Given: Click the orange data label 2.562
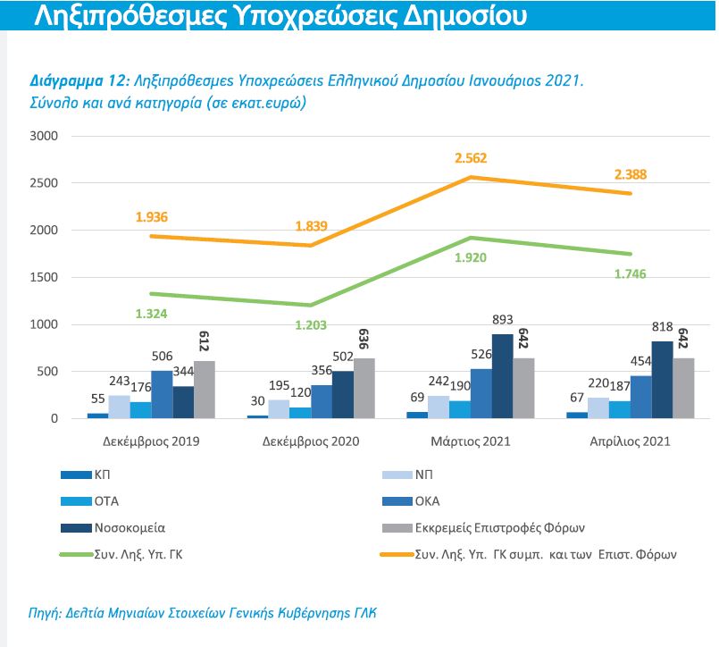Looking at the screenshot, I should (x=471, y=158).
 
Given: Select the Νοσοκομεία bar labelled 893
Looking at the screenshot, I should (x=502, y=376).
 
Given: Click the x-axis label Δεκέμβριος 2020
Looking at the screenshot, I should (x=311, y=441).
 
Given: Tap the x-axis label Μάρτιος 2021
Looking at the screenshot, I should (x=472, y=441).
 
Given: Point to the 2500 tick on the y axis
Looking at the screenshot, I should (x=43, y=183).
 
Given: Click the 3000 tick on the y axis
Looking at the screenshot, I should (x=43, y=137).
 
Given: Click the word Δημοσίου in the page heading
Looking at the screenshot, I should (x=447, y=16).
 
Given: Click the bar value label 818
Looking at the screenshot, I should (x=662, y=327).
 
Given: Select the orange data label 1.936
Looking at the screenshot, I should (x=152, y=217).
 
